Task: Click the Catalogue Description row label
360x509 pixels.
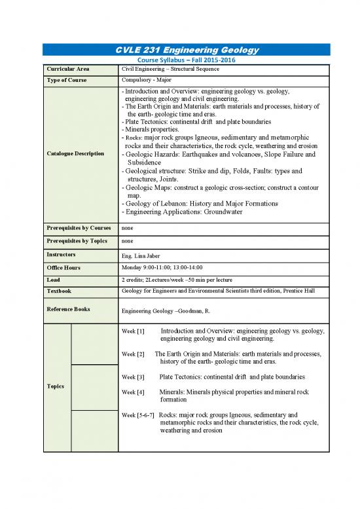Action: tap(73, 154)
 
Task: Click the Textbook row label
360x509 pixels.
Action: tap(58, 291)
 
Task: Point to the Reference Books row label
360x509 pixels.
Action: tap(68, 309)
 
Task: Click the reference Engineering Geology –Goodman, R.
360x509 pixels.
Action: tap(167, 310)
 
